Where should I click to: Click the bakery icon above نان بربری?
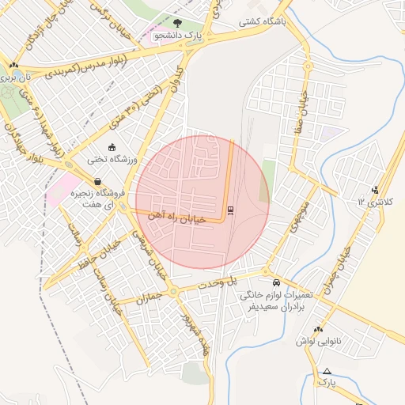click(x=13, y=66)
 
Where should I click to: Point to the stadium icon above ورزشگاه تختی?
click(x=112, y=147)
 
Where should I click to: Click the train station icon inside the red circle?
click(x=230, y=210)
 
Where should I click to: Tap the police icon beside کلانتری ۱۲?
click(x=374, y=189)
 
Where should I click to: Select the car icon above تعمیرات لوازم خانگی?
click(x=274, y=282)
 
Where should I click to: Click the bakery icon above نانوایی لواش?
click(x=318, y=330)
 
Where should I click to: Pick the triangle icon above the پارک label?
click(x=327, y=371)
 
